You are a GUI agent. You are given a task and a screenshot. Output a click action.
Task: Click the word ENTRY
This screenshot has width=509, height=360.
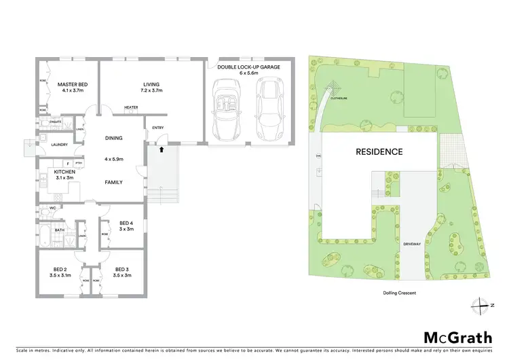[x=158, y=128]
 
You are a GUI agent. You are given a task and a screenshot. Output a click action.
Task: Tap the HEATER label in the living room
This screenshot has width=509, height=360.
[x=132, y=107]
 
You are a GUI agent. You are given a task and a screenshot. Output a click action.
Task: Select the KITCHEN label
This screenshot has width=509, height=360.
[x=64, y=172]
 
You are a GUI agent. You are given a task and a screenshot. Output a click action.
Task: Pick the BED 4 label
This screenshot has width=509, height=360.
[x=126, y=223]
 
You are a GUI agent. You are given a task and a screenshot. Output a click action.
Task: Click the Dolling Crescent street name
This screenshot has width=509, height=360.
[x=398, y=293]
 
